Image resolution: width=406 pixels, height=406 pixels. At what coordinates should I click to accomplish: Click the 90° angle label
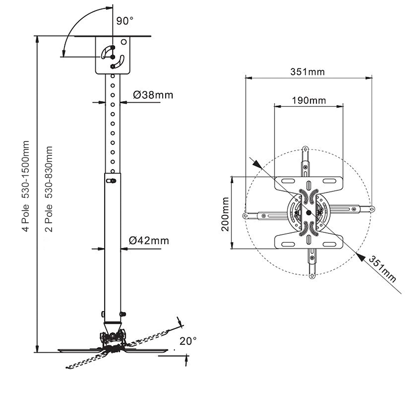(x=124, y=21)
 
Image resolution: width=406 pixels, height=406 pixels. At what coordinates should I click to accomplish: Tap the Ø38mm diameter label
(x=153, y=95)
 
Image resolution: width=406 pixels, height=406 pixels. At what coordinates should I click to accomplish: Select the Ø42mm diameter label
(x=149, y=241)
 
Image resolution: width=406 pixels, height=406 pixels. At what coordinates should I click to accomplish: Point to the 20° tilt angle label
(x=188, y=341)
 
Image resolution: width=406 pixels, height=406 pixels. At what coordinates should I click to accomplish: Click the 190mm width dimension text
(x=309, y=100)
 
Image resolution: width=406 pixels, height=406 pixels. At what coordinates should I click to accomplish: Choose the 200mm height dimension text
(x=225, y=214)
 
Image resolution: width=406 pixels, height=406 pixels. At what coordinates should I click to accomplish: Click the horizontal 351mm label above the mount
(x=307, y=72)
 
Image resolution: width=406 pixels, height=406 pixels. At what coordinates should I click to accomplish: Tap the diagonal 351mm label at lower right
(x=382, y=269)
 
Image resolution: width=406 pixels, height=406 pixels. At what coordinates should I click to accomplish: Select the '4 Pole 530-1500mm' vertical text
(x=25, y=186)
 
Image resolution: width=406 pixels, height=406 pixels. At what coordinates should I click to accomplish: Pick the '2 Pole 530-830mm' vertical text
(x=49, y=189)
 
